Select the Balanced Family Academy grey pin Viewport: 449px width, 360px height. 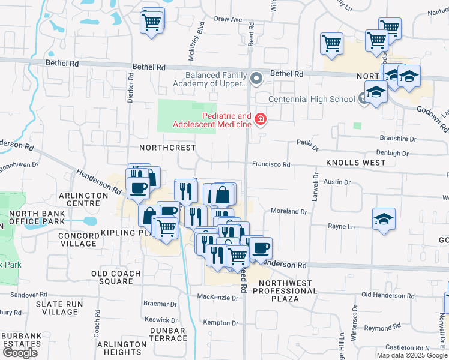[x=257, y=79]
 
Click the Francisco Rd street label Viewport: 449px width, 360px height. [x=271, y=164]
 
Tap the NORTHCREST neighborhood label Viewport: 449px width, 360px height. [x=167, y=147]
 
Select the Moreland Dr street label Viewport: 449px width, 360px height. [x=289, y=211]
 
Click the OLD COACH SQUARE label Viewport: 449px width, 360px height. [x=116, y=277]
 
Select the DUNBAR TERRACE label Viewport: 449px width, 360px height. [x=167, y=335]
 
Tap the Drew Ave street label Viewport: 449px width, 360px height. [x=228, y=19]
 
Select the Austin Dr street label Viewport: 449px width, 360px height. [x=337, y=182]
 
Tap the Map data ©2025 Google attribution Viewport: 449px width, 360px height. [x=412, y=355]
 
